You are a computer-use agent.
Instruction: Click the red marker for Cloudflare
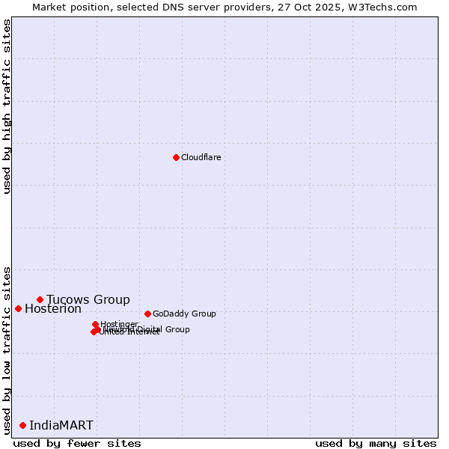click(x=176, y=157)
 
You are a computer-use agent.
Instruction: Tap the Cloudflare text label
click(x=201, y=157)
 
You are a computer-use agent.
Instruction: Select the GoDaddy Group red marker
click(x=147, y=314)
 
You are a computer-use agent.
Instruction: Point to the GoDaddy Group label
click(x=184, y=314)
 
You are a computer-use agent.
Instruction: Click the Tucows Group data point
click(x=40, y=299)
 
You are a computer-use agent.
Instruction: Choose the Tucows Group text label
click(x=88, y=300)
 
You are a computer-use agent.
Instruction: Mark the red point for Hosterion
click(x=18, y=308)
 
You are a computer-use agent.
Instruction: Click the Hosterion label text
click(x=53, y=309)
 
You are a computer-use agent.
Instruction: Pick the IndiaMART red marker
click(x=22, y=425)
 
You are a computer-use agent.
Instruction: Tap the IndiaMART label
click(x=61, y=426)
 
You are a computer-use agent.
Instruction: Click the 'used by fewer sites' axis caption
click(x=77, y=443)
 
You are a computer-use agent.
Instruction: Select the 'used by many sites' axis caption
click(x=376, y=443)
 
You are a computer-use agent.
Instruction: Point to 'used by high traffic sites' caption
click(x=7, y=106)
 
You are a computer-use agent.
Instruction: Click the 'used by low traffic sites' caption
click(x=7, y=349)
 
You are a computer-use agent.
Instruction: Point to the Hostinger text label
click(x=119, y=324)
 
